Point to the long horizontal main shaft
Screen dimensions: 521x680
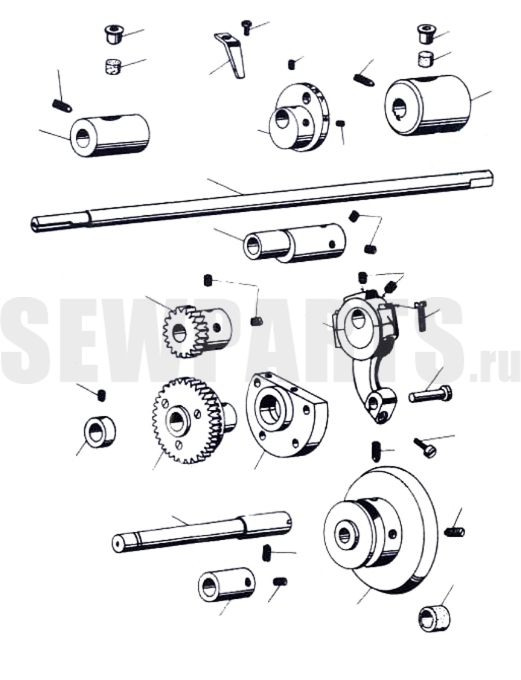(x=260, y=202)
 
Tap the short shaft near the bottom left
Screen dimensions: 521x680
(x=202, y=531)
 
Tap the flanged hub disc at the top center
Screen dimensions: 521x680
(x=299, y=117)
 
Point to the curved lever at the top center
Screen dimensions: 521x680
(x=230, y=54)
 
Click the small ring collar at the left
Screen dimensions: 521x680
(x=100, y=433)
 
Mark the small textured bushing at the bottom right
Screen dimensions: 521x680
(x=435, y=616)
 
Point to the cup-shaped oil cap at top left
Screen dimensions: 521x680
(x=114, y=34)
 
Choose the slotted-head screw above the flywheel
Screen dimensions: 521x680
(x=423, y=449)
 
